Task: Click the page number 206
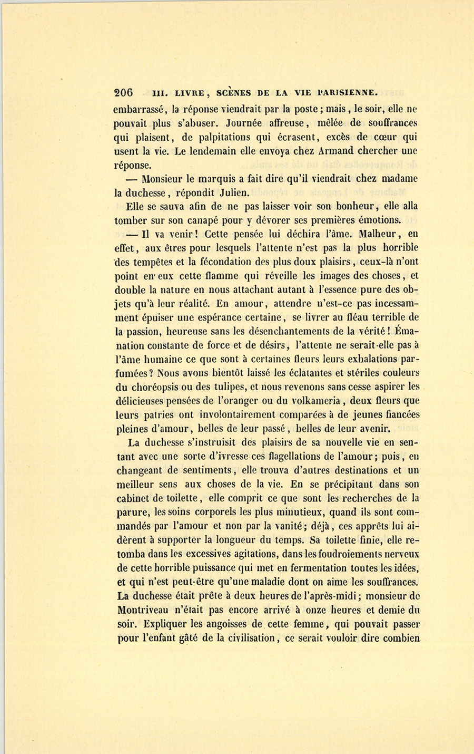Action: point(123,93)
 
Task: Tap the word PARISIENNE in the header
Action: point(347,93)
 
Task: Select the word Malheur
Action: point(369,234)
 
